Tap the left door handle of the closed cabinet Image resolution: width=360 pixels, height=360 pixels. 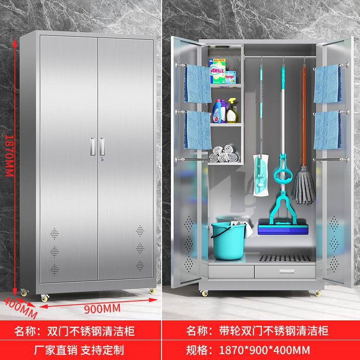click(92, 144)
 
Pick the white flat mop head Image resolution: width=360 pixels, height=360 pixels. click(260, 175)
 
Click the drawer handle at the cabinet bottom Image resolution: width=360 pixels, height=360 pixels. click(284, 271)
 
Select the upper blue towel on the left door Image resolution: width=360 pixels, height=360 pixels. click(198, 83)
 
